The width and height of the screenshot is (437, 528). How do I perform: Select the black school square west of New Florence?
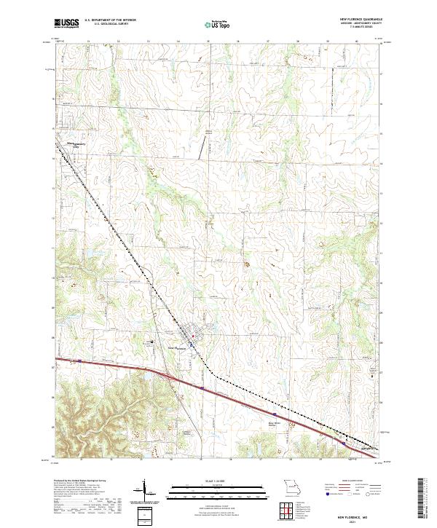point(152,340)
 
